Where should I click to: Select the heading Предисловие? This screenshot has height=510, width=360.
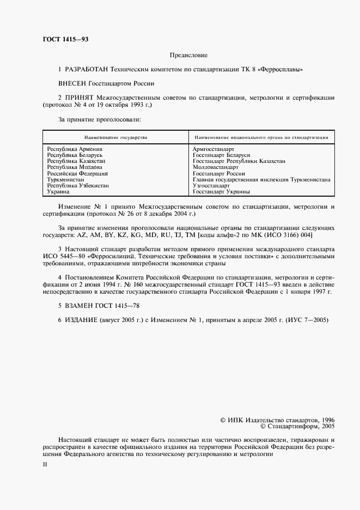(188, 56)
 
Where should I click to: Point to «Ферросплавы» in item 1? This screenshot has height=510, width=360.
(283, 70)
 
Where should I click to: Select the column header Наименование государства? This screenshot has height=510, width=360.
(115, 137)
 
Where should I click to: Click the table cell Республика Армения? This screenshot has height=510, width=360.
(75, 149)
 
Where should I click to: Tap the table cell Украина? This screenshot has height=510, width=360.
(58, 192)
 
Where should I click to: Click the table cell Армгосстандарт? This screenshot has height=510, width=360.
(213, 149)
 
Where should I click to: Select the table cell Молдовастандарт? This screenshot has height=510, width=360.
(216, 167)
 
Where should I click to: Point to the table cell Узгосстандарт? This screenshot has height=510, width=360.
(212, 186)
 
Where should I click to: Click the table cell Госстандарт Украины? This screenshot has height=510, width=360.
(222, 192)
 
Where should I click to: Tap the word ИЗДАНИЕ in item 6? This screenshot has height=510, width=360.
(81, 320)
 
